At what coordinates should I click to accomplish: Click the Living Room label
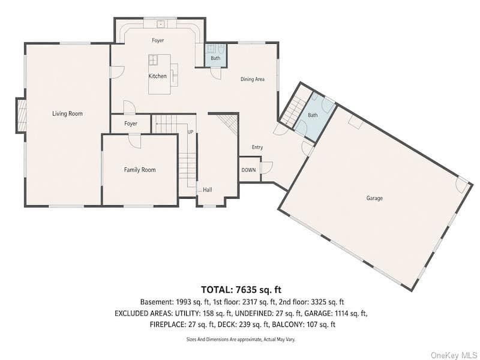(67, 113)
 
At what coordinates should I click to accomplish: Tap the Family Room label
(140, 170)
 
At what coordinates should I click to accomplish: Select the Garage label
(374, 198)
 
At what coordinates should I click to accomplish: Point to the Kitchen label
(157, 76)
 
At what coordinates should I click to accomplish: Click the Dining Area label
(252, 79)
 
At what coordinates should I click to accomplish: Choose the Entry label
(257, 147)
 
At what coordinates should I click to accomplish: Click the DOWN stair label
(248, 170)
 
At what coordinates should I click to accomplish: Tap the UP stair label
(190, 132)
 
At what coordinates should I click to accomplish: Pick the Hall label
(207, 190)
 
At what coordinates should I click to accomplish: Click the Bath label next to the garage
(313, 115)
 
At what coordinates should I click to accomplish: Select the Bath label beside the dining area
(215, 58)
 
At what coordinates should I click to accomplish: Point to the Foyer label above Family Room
(131, 124)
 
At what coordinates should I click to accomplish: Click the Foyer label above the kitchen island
(158, 40)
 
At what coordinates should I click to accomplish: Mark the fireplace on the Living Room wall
(21, 115)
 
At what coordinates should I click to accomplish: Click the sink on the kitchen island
(153, 59)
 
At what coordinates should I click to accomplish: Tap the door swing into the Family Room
(134, 141)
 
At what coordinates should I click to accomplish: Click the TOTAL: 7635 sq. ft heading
(241, 289)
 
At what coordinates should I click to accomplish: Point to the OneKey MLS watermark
(454, 355)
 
